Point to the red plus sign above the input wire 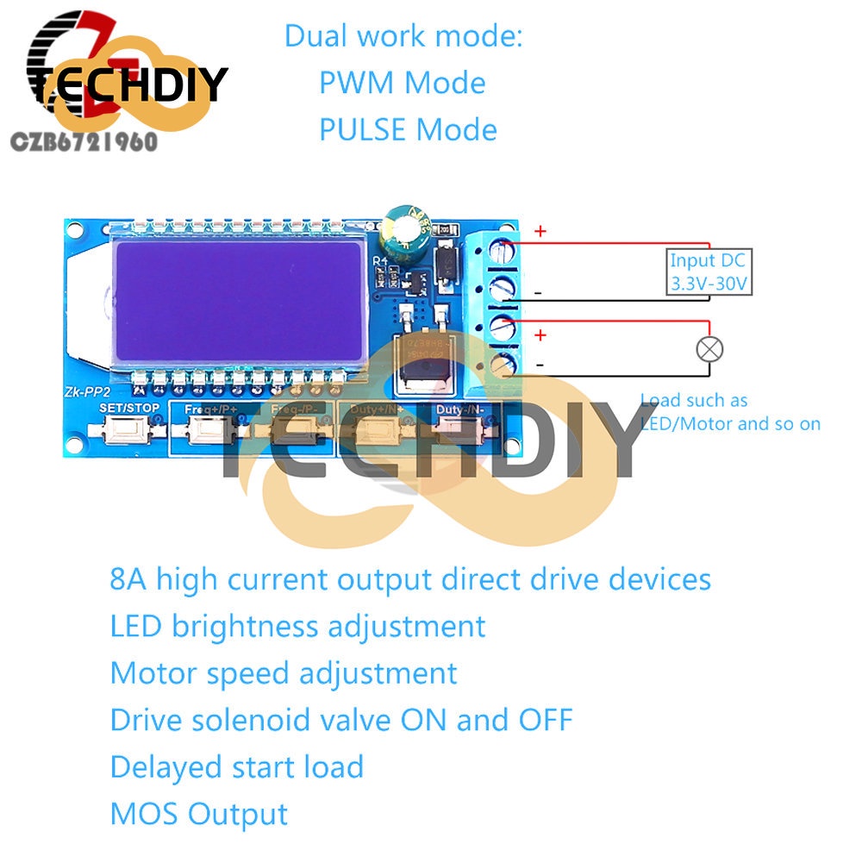pos(540,231)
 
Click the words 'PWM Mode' pos(402,84)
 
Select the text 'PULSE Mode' pos(408,130)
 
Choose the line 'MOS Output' pos(199,813)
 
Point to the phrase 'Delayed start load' pos(237,766)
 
